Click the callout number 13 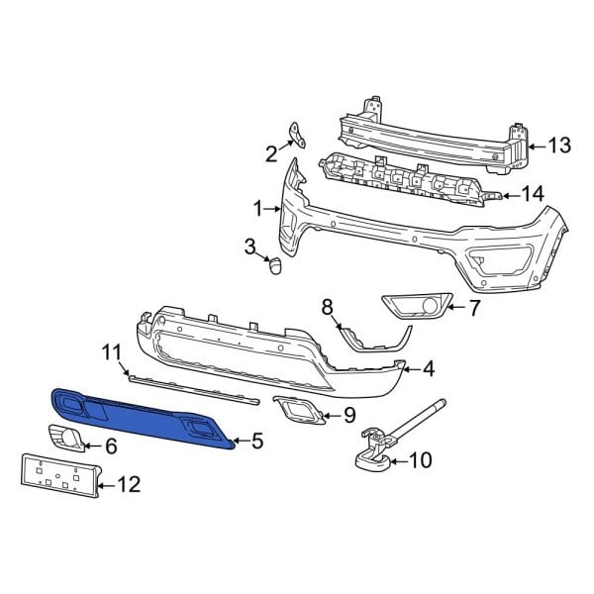tap(559, 147)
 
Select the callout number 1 tap(257, 209)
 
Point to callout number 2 tap(270, 152)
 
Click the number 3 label tap(250, 245)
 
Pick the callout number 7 tap(474, 308)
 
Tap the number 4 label tap(428, 369)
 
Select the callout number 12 tap(129, 484)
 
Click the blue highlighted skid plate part tap(139, 415)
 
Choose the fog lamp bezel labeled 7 tap(416, 307)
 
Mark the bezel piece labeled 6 tap(66, 439)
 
